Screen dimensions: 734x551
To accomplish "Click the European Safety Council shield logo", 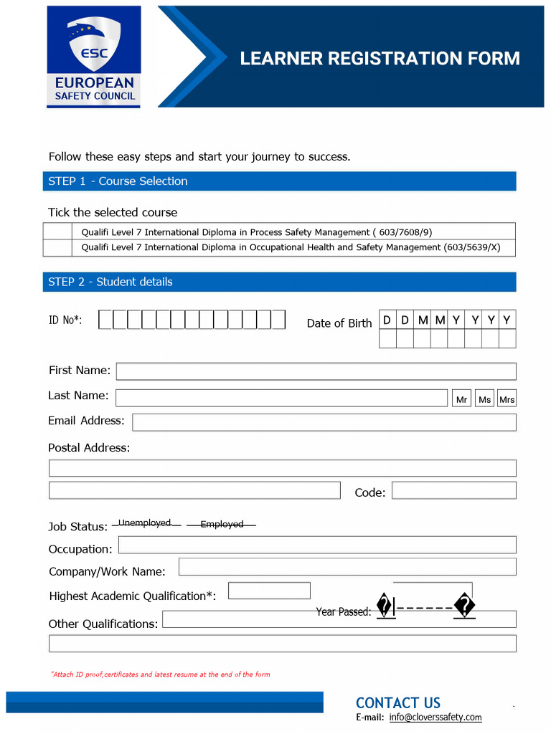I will click(x=93, y=57).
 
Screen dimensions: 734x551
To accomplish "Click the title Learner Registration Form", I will click(x=380, y=59).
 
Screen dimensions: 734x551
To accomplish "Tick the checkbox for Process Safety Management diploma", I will click(x=57, y=232).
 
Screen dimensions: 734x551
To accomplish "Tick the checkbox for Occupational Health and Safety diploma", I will click(x=57, y=247).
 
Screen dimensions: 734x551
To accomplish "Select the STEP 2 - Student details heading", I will click(x=110, y=282).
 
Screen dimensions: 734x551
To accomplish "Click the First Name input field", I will click(x=316, y=371).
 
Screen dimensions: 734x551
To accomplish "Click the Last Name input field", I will click(x=281, y=398).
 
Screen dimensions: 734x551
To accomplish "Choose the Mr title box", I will click(x=462, y=399).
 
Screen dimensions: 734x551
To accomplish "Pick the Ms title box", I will click(x=485, y=399).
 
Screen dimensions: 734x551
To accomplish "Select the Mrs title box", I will click(x=507, y=399).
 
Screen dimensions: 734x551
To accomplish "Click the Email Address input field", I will click(x=324, y=422).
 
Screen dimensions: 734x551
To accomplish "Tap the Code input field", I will click(x=453, y=490).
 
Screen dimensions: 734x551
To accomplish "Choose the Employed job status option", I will click(x=222, y=525).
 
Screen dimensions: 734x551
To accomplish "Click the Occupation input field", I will click(x=316, y=545).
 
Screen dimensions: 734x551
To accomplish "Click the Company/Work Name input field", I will click(x=347, y=567).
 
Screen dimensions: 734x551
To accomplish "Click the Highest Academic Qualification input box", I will click(x=269, y=591).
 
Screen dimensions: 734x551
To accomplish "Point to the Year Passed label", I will click(x=344, y=612).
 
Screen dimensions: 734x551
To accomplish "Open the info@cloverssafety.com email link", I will click(x=435, y=718).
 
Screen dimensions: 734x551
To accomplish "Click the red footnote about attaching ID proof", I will click(x=161, y=675).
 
